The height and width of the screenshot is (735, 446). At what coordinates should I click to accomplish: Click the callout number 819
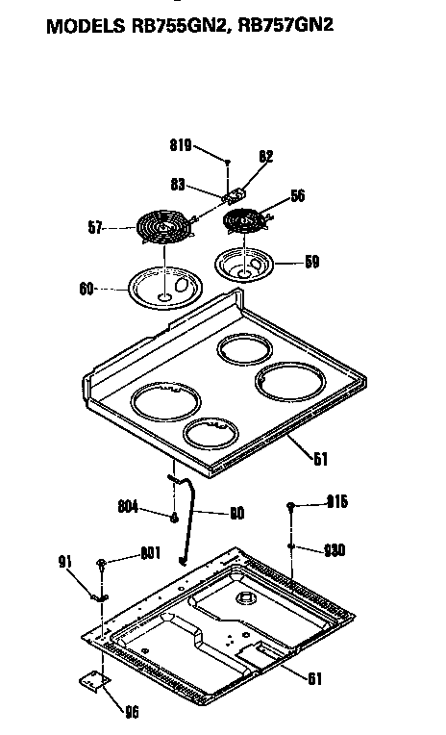(x=180, y=145)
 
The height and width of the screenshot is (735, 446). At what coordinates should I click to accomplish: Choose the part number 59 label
(x=311, y=261)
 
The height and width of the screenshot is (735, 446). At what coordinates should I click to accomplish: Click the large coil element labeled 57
(x=161, y=229)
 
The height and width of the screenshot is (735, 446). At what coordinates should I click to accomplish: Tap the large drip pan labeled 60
(x=161, y=289)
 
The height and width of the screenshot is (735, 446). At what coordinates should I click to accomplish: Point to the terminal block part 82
(x=235, y=193)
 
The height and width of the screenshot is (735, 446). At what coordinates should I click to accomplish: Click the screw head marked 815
(x=289, y=504)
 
